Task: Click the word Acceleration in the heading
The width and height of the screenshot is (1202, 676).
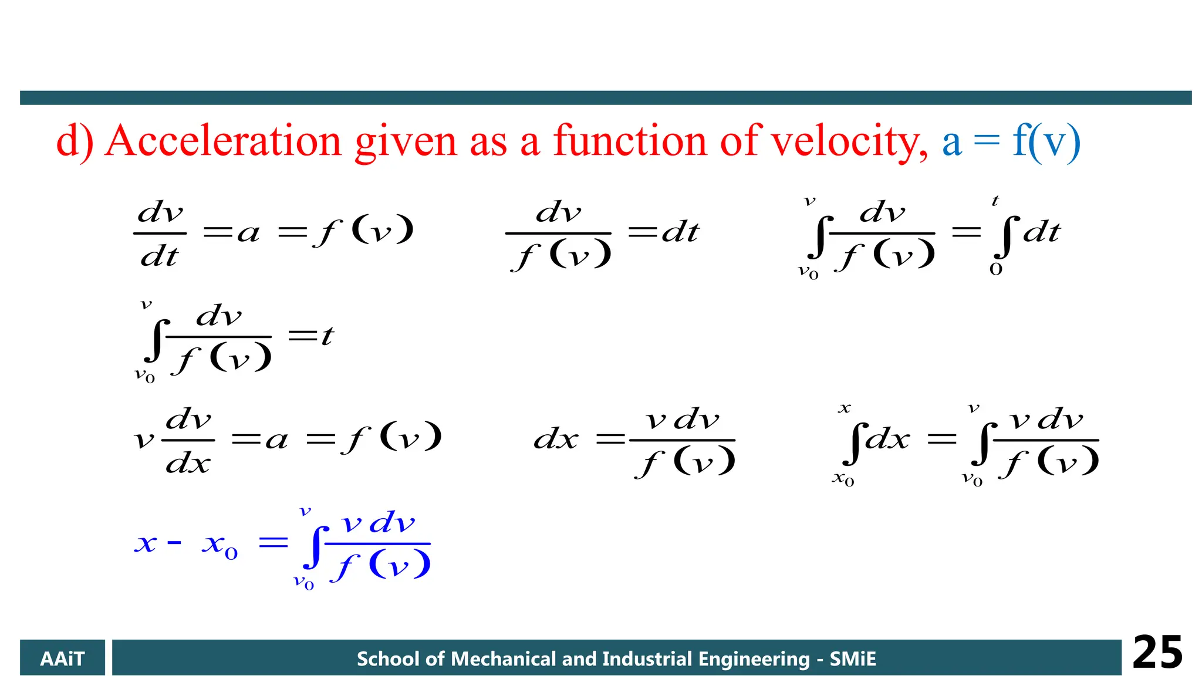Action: coord(223,141)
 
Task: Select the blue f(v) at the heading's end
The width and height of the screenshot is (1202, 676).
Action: coord(1046,141)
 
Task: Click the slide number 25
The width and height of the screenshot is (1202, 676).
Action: coord(1157,653)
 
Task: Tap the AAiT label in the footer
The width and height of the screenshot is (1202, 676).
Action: coord(62,659)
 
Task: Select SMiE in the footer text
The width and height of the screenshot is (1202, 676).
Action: coord(852,659)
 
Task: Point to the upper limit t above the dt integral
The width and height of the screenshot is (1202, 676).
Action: coord(995,201)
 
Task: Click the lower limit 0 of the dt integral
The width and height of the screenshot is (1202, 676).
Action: coord(995,269)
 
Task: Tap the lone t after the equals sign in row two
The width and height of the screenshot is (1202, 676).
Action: coord(327,336)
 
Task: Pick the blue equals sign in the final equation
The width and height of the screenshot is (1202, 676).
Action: coord(274,542)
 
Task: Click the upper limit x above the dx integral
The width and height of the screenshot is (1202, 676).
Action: coord(844,408)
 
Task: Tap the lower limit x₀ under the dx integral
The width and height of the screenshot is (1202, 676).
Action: coord(843,479)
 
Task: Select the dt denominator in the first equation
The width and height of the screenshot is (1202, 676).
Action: coord(159,256)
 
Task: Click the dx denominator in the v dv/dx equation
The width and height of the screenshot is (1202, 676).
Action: coord(188,464)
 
